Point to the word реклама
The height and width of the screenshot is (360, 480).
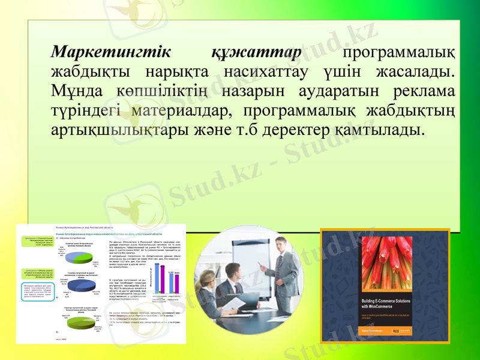coord(424,92)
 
